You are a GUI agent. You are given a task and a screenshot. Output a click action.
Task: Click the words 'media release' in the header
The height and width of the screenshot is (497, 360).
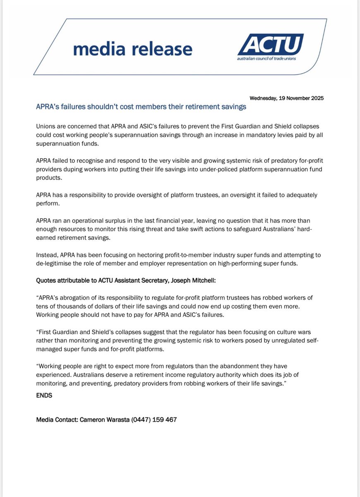pyautogui.click(x=133, y=49)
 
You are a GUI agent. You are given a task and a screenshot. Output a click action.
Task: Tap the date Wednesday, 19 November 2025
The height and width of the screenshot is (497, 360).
pyautogui.click(x=287, y=99)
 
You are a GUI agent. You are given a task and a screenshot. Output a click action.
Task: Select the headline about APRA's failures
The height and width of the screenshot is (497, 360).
pyautogui.click(x=141, y=107)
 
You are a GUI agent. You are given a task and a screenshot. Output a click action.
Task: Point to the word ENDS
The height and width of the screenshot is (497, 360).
pyautogui.click(x=44, y=395)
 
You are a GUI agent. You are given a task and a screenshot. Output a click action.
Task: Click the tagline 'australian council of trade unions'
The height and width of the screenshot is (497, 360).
pyautogui.click(x=266, y=58)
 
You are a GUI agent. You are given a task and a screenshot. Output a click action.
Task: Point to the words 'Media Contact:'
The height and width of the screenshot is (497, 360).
pyautogui.click(x=56, y=420)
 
